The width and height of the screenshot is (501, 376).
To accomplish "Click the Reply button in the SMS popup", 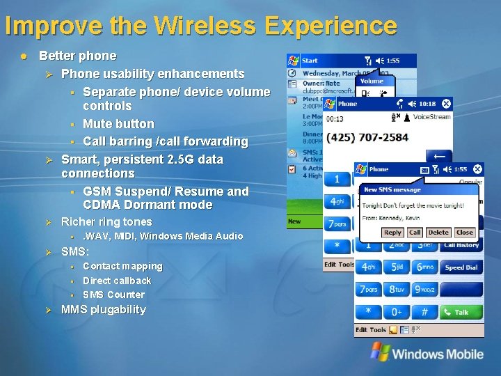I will point(393,233).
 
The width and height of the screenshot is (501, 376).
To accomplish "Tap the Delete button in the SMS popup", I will point(438,233).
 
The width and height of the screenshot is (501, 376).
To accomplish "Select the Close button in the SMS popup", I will point(464,233).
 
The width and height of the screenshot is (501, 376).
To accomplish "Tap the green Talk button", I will point(461,312).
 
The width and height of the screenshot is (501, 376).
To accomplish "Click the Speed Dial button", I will point(461,267).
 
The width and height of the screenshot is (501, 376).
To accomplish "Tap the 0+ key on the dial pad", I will point(399,312).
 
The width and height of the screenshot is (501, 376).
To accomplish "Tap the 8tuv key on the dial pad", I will point(399,289).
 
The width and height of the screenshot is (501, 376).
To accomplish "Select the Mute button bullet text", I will point(118,124).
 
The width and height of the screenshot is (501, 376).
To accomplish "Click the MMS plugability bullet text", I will point(104,310).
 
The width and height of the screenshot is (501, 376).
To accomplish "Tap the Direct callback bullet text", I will point(117,281).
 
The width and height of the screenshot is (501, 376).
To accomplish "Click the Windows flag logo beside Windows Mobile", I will point(380,352).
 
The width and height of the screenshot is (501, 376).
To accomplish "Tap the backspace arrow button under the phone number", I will point(438,157).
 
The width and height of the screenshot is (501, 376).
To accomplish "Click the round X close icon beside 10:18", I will point(446,104).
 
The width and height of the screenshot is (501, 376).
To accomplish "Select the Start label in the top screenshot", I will point(310,61).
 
